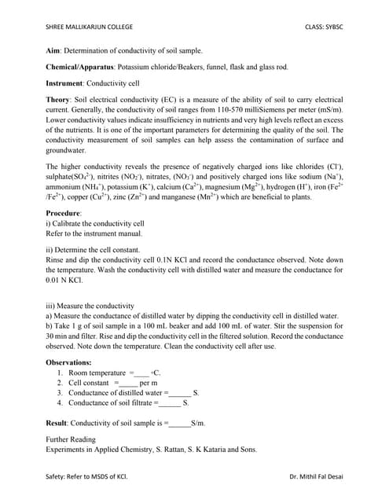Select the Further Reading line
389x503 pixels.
(71, 439)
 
